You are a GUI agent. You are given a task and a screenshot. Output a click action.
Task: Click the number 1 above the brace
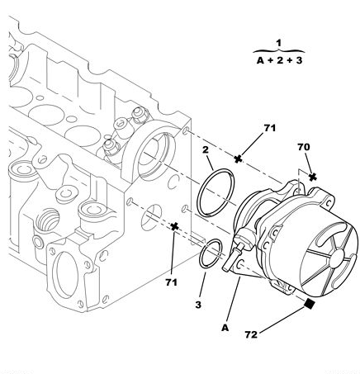tap(279, 42)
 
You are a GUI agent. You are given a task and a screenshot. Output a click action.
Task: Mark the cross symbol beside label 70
tap(312, 175)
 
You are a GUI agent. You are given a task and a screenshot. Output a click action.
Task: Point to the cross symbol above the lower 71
tap(174, 226)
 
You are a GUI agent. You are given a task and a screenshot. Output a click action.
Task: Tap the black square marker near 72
tap(309, 304)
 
